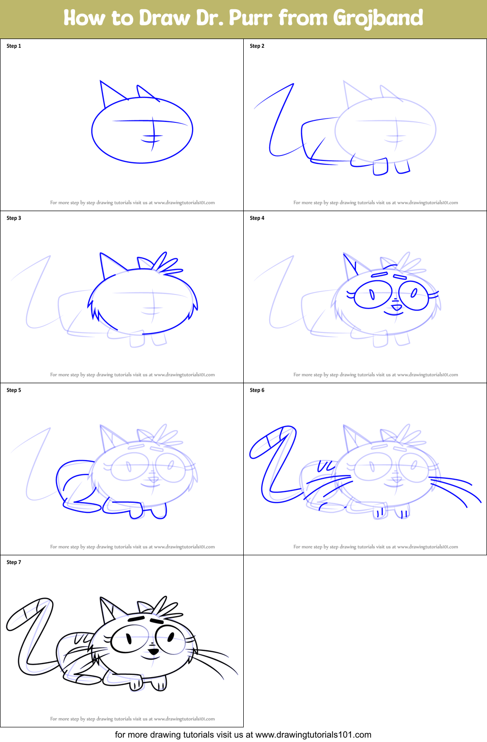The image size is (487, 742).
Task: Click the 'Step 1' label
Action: (14, 46)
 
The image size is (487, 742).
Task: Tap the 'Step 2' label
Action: (257, 46)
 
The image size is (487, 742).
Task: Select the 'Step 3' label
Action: (14, 218)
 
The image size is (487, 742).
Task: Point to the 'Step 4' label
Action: (257, 218)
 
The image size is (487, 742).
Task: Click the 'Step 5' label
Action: (14, 390)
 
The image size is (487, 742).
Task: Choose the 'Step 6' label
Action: (257, 390)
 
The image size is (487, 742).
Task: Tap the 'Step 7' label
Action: (14, 562)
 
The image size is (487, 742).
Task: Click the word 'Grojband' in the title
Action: (378, 18)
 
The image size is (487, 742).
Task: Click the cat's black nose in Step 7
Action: (153, 651)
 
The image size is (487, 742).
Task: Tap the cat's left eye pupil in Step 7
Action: (129, 638)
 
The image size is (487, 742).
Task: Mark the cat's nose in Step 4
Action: (396, 307)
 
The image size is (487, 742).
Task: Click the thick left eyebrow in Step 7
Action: (136, 619)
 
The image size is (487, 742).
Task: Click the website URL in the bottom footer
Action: (313, 735)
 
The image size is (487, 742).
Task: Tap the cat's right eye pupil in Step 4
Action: (413, 293)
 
